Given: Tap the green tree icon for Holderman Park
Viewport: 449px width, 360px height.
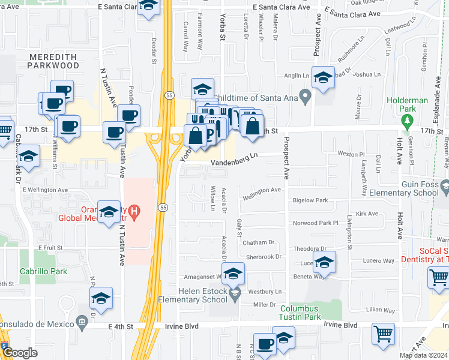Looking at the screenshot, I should click(x=408, y=121).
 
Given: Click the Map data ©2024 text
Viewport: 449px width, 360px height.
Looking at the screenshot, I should click(x=423, y=355).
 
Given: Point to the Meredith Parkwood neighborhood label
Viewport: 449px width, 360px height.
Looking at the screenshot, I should click(x=53, y=61).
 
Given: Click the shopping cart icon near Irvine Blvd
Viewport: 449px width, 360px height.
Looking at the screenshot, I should click(x=383, y=334).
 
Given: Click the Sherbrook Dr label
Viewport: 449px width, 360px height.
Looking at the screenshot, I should click(x=262, y=256).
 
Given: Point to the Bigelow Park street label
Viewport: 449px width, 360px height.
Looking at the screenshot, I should click(x=310, y=200).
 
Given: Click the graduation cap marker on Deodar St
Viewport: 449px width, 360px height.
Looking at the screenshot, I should click(x=148, y=7).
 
